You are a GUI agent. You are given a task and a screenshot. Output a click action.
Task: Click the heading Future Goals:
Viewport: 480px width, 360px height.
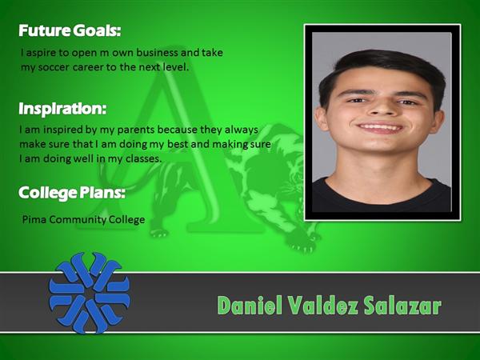click(x=70, y=31)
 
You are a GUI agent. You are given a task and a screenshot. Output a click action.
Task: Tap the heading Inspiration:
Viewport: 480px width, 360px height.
click(x=62, y=109)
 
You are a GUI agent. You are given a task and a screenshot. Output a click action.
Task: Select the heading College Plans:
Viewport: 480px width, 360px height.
click(x=72, y=193)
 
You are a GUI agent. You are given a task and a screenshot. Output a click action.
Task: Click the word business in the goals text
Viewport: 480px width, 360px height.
click(x=157, y=52)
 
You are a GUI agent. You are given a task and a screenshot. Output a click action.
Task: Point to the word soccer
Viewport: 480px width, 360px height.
click(x=54, y=67)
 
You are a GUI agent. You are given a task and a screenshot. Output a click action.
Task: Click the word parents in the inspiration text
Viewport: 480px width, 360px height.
click(x=136, y=130)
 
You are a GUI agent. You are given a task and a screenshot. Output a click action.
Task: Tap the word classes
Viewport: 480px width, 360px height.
click(x=143, y=158)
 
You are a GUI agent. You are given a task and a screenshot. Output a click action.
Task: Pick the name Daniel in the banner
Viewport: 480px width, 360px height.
click(x=250, y=306)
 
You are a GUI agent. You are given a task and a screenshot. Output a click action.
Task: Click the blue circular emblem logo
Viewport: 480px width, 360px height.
click(x=90, y=293)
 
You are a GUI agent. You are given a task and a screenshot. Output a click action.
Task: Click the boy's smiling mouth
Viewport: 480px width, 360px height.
click(x=380, y=128)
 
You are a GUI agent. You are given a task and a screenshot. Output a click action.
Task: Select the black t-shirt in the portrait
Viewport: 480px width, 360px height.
click(x=382, y=196)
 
